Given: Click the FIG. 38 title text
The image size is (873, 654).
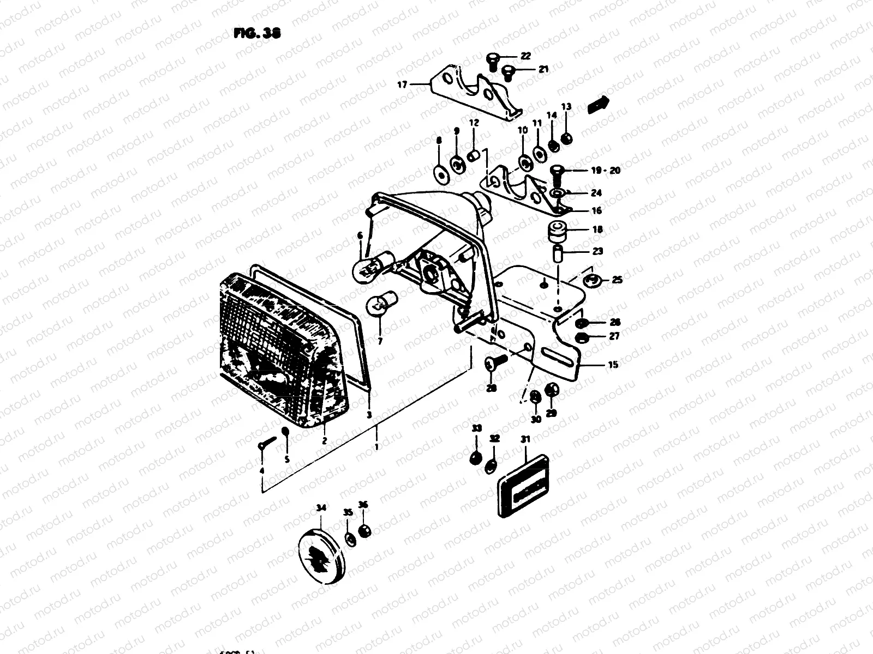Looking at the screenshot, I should (256, 33).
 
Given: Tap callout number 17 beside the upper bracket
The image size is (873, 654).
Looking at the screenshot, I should (402, 84).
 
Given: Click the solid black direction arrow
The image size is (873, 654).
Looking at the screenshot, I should (597, 104).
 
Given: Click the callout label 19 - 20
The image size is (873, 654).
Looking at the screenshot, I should (606, 171).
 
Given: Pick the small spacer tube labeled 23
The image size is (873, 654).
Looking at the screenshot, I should (558, 254).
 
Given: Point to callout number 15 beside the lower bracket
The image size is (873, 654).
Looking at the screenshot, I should (613, 365).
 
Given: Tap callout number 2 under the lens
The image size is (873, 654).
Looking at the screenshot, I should (324, 441).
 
